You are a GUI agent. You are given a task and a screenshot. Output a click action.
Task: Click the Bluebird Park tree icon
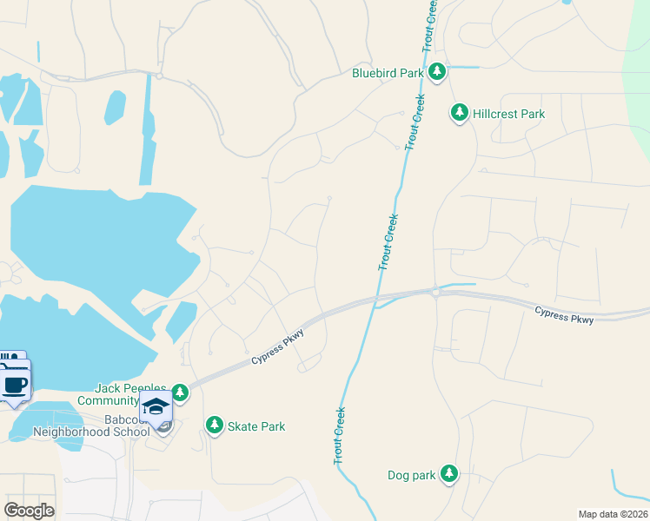[x=439, y=72]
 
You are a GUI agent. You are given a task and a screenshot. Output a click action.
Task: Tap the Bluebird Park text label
[x=388, y=74]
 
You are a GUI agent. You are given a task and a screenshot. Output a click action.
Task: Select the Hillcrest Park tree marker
[x=459, y=112]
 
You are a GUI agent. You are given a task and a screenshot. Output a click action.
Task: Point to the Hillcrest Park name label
[x=509, y=114]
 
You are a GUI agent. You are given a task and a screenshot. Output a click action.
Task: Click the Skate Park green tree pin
[x=213, y=425]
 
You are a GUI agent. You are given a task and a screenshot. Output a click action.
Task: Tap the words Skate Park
[x=256, y=426]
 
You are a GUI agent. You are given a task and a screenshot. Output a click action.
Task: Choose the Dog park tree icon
[x=448, y=473]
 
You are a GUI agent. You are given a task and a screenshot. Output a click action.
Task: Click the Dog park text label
[x=410, y=475]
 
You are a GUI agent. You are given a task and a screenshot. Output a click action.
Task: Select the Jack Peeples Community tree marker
[x=180, y=392]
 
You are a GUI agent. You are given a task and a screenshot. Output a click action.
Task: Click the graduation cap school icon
[x=156, y=407]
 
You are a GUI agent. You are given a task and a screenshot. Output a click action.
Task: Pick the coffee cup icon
[x=16, y=386]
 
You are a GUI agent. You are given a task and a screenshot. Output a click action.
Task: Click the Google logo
[x=29, y=511]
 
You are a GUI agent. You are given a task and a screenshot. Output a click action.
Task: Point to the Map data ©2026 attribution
[x=613, y=514]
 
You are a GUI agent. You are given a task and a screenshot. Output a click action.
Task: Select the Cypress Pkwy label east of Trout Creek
[x=564, y=315]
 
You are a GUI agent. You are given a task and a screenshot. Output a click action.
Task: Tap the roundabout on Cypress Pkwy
[x=434, y=293]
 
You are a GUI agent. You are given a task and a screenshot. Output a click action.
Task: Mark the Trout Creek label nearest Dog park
[x=339, y=436]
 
